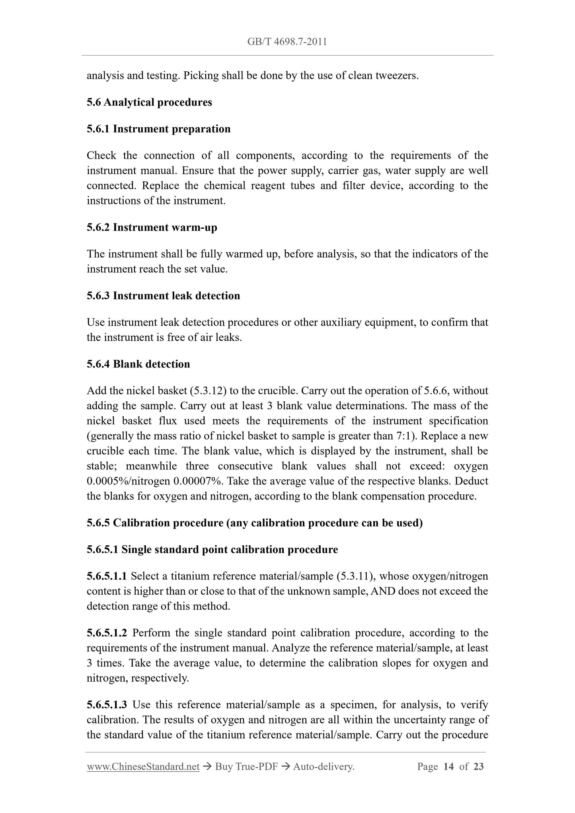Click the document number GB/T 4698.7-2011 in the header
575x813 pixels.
[287, 42]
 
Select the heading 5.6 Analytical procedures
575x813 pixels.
[149, 102]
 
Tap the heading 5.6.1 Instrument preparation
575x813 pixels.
[158, 129]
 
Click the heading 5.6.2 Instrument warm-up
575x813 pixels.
[152, 228]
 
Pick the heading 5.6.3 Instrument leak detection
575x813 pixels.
[163, 296]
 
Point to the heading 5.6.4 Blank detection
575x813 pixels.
[138, 364]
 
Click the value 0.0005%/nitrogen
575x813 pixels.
[128, 481]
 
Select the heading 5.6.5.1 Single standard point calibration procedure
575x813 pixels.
[212, 550]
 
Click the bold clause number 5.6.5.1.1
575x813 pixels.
[107, 576]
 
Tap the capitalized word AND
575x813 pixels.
[383, 591]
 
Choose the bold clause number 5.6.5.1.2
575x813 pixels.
[107, 633]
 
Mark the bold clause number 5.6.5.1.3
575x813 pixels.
[107, 705]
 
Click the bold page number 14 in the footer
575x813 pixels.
[448, 766]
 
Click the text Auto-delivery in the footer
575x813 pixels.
[323, 766]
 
